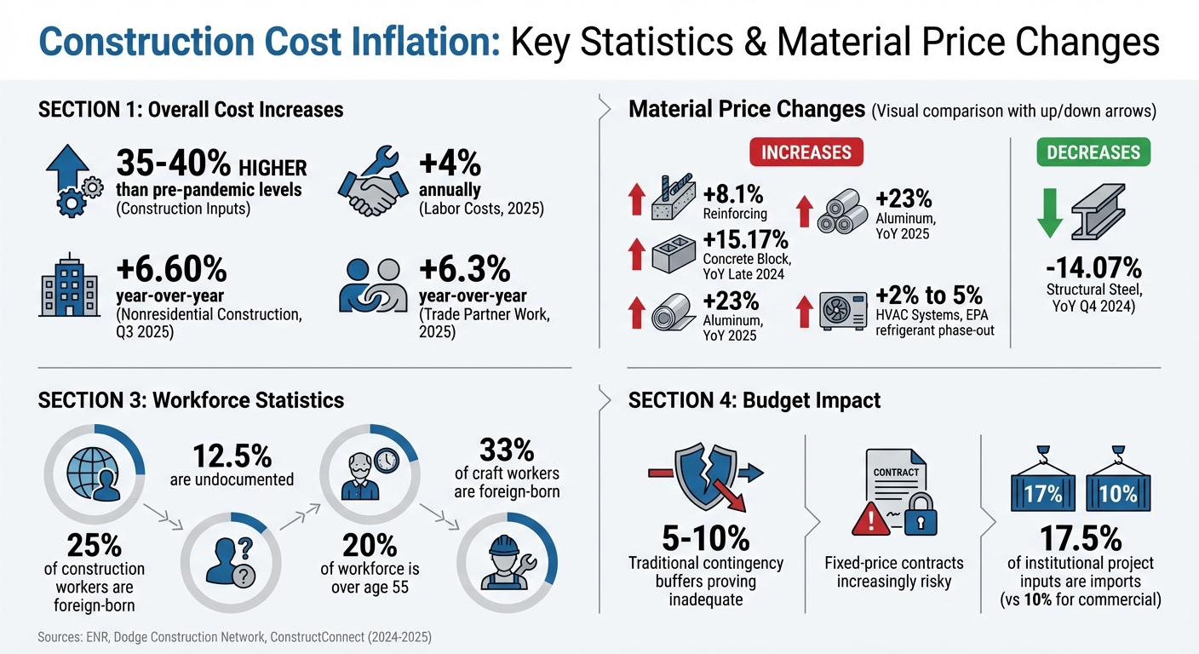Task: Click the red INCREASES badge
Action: (x=806, y=152)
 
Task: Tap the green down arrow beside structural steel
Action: (x=1051, y=212)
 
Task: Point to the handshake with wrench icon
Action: (x=370, y=182)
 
